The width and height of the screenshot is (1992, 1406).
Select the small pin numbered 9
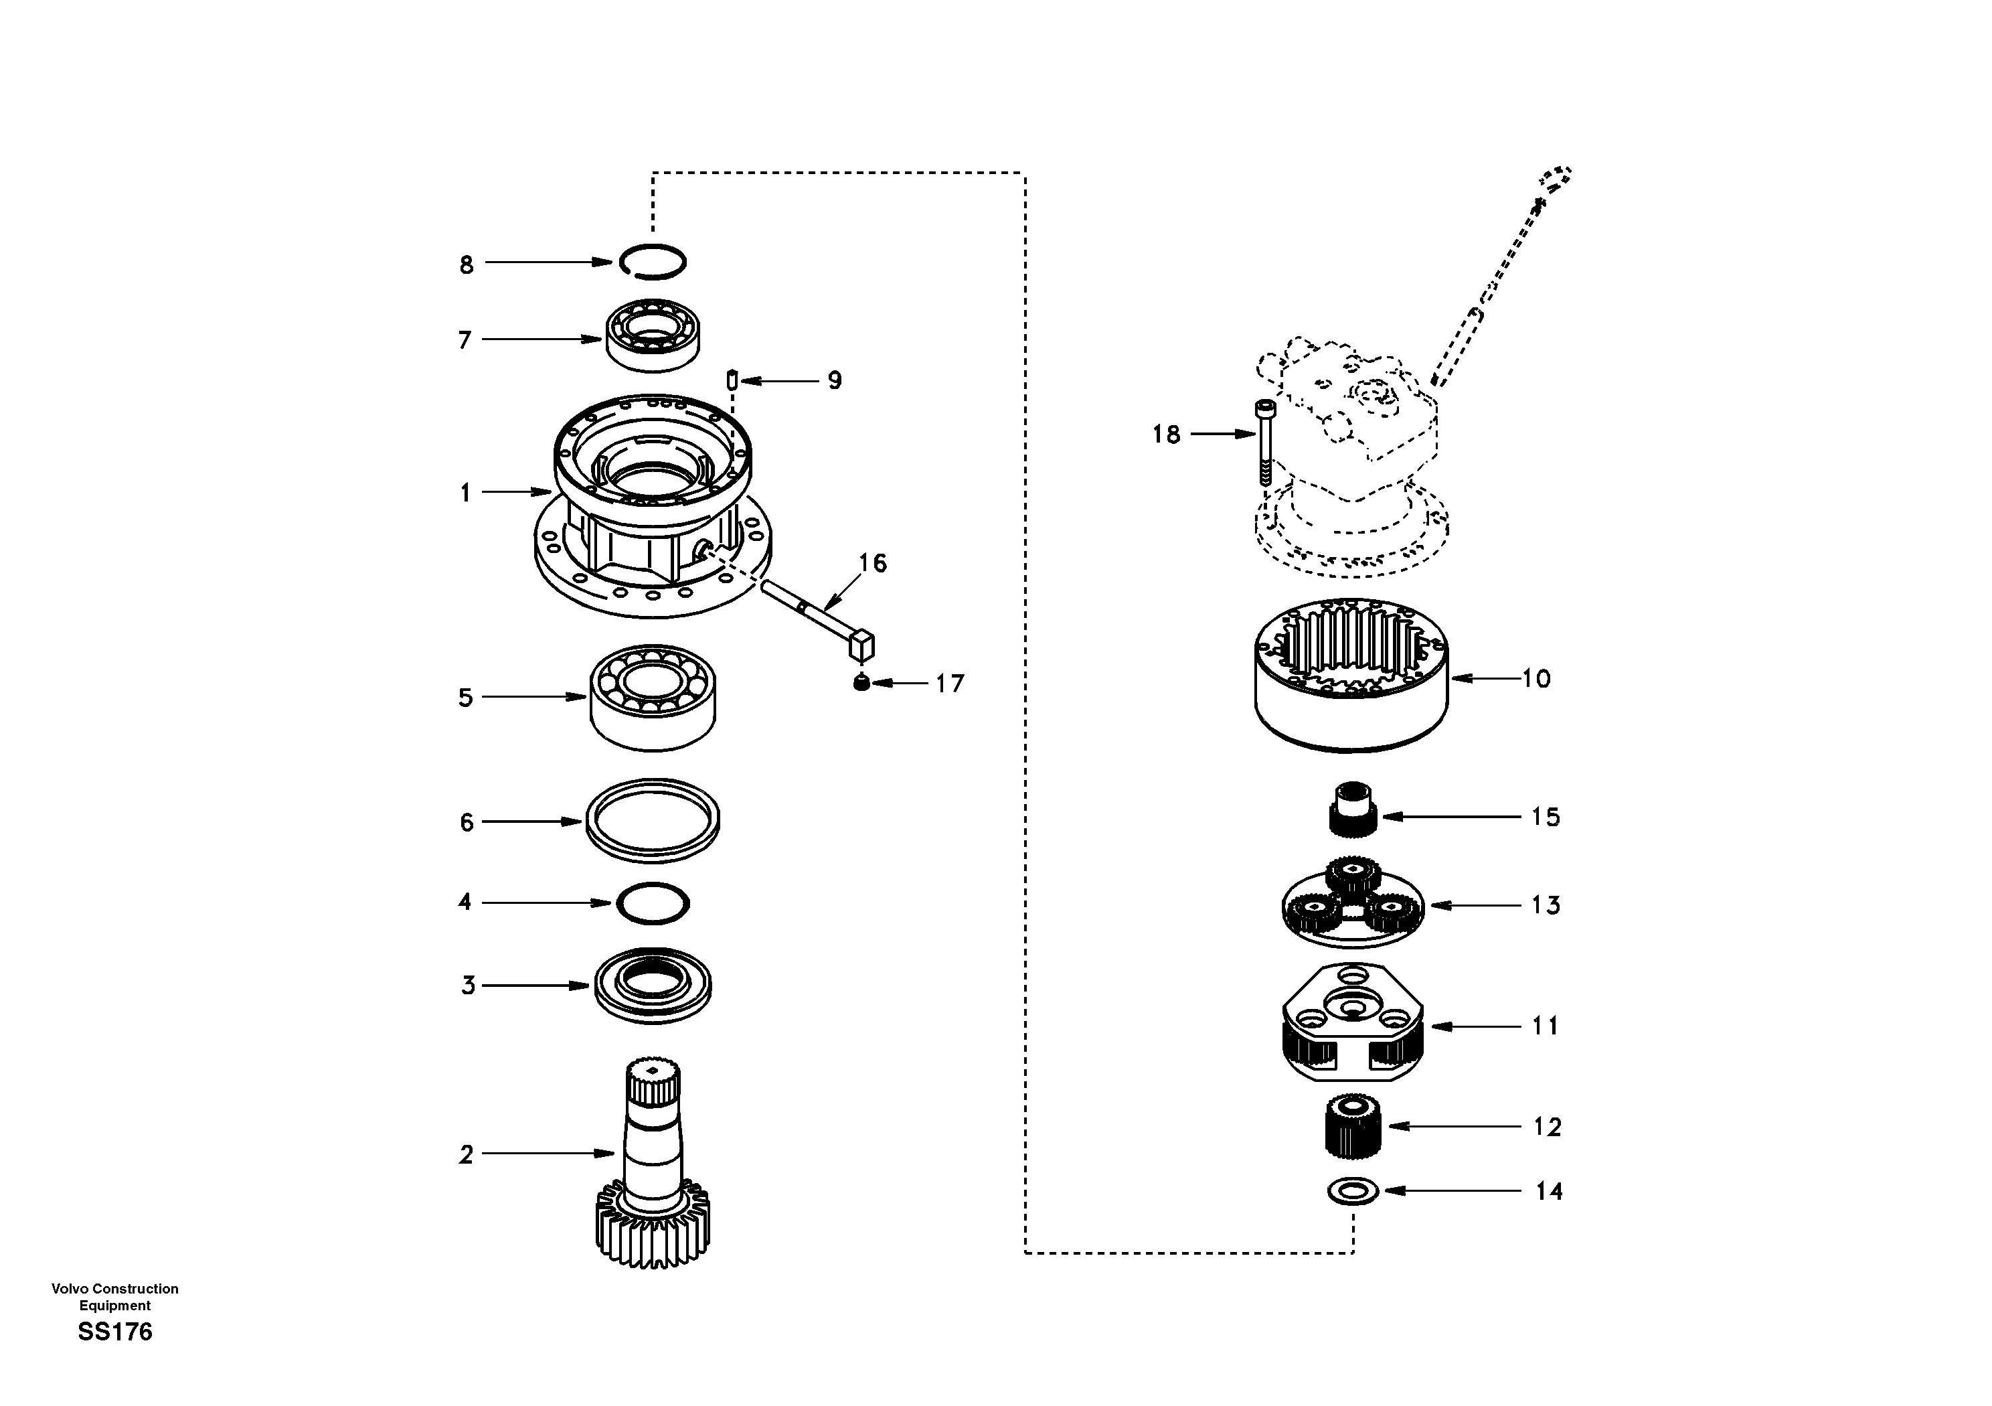coord(732,380)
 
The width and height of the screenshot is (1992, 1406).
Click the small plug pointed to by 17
coord(860,684)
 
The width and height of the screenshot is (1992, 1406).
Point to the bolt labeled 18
coord(1266,443)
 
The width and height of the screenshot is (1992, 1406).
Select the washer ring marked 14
coord(1353,1191)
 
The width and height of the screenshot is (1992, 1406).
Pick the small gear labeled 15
coord(1353,809)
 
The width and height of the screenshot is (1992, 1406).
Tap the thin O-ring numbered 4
coord(653,903)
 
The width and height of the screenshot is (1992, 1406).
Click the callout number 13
coord(1545,905)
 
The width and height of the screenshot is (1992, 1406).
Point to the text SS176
coord(114,1332)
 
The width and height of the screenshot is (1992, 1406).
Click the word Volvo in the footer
coord(70,1289)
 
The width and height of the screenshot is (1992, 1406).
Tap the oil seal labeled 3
coord(653,986)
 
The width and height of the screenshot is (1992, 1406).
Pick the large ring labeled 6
coord(653,820)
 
